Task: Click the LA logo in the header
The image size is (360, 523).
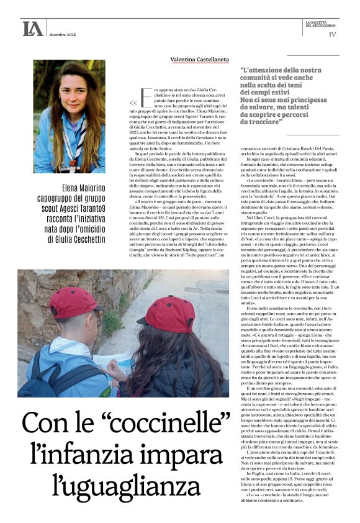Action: (33, 28)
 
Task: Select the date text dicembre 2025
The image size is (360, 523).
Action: (63, 34)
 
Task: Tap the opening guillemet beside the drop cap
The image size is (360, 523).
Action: (132, 103)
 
